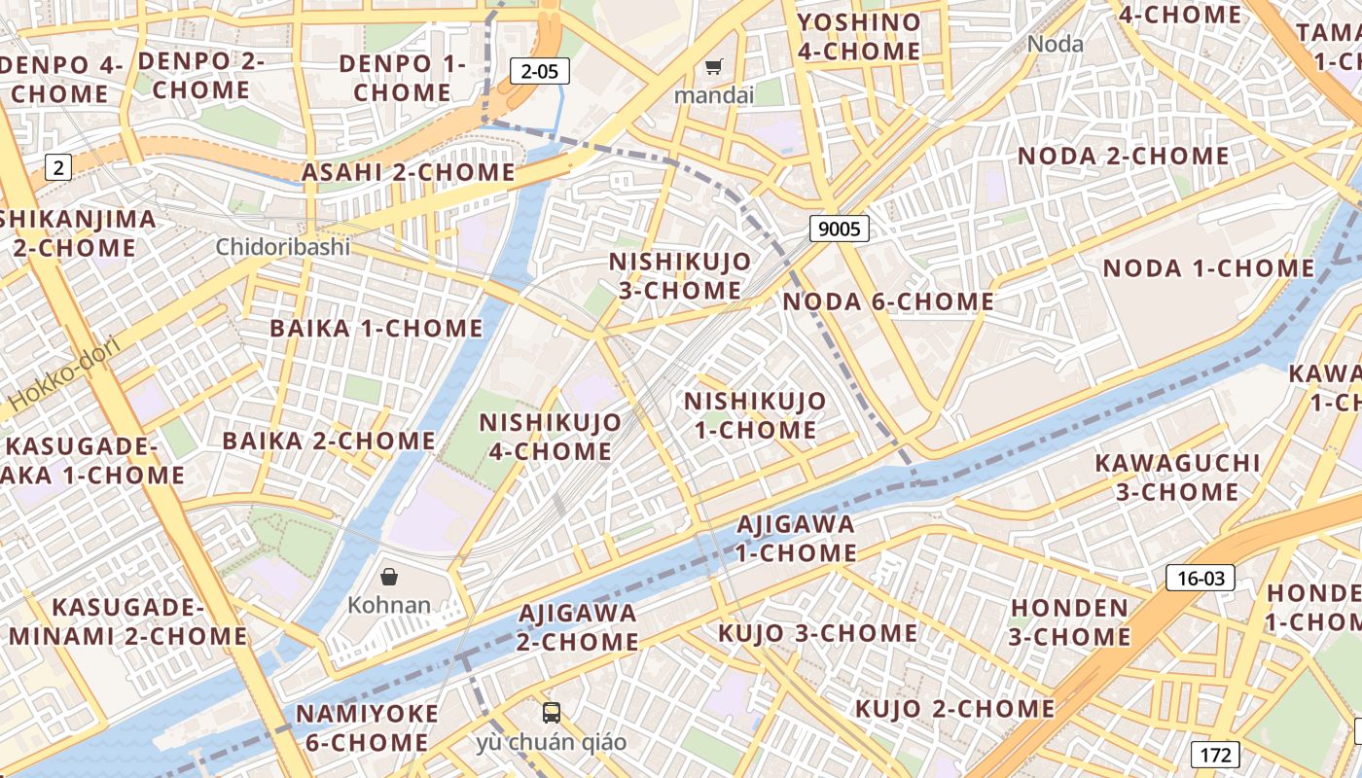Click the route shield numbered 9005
point(839,229)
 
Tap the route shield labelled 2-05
point(539,70)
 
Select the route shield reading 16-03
point(1201,579)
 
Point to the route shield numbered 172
point(1215,754)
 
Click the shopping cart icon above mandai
point(714,67)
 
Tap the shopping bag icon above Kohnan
point(389,577)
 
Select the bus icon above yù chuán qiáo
point(552,713)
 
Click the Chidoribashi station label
point(282,246)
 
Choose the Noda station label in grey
point(1055,44)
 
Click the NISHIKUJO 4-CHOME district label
point(551,437)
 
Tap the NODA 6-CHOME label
point(888,301)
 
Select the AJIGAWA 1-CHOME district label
point(796,539)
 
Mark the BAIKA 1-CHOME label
point(376,328)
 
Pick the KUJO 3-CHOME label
point(817,633)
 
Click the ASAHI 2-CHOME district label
point(409,172)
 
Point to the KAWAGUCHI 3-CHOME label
point(1177,477)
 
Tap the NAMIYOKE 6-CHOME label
point(368,727)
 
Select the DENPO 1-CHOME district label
point(403,78)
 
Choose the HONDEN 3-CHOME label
point(1068,622)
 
